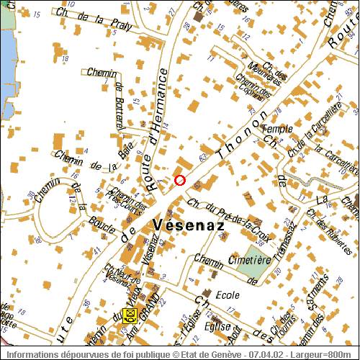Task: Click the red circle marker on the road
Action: (180, 180)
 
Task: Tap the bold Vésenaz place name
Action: (189, 225)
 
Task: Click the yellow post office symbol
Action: (130, 314)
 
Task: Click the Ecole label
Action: (228, 294)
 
